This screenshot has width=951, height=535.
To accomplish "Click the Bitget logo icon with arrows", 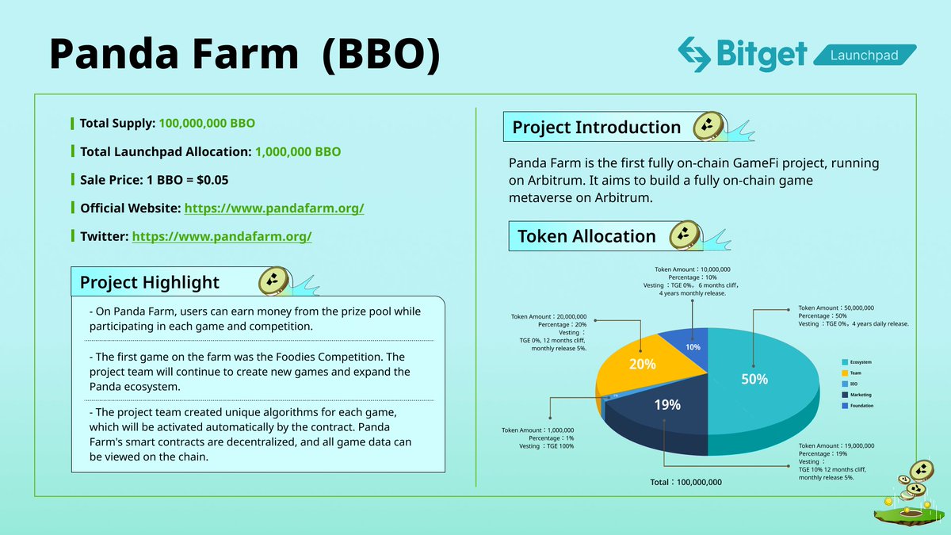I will [695, 53].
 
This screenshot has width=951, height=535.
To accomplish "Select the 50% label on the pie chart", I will [754, 379].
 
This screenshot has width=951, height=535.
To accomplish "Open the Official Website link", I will [274, 208].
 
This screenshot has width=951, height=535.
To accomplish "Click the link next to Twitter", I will [222, 236].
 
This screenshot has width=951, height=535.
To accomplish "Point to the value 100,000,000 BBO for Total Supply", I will [207, 124].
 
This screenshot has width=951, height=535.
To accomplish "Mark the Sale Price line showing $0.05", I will [154, 180].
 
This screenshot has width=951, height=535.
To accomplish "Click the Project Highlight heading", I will [150, 282].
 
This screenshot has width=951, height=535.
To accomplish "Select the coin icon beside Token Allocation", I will [682, 235].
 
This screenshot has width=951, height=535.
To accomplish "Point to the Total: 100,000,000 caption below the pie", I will [686, 482].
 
